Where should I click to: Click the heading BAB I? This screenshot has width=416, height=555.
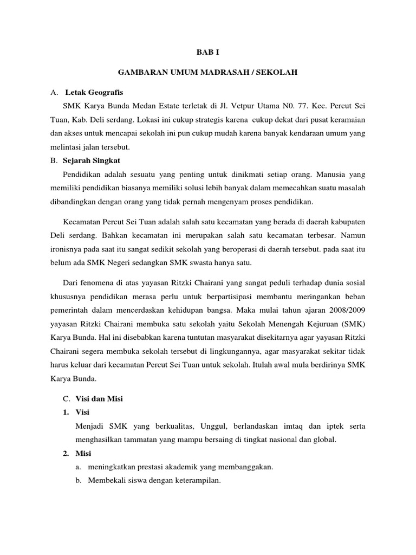click(207, 52)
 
